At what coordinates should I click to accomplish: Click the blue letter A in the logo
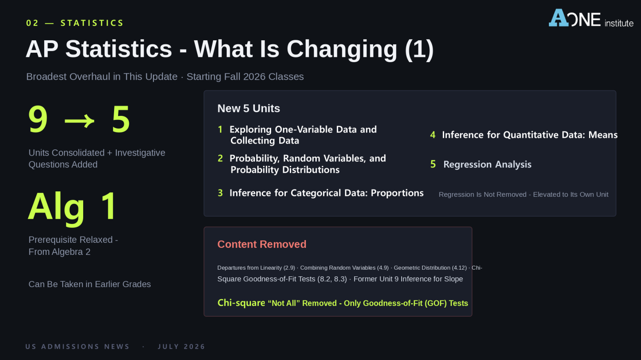pyautogui.click(x=559, y=18)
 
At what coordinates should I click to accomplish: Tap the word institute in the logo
pyautogui.click(x=619, y=23)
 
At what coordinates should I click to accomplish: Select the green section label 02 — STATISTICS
pyautogui.click(x=75, y=23)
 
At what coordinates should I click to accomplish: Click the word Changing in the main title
pyautogui.click(x=342, y=49)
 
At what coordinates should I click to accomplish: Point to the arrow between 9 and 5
pyautogui.click(x=80, y=120)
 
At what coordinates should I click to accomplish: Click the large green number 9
pyautogui.click(x=38, y=119)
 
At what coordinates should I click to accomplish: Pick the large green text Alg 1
pyautogui.click(x=72, y=207)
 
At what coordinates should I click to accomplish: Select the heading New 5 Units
pyautogui.click(x=249, y=109)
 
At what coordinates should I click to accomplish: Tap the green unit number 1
pyautogui.click(x=220, y=129)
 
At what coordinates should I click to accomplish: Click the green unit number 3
pyautogui.click(x=220, y=193)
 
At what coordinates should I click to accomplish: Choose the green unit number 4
pyautogui.click(x=433, y=135)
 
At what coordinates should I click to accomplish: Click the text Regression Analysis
pyautogui.click(x=487, y=164)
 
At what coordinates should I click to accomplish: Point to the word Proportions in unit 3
pyautogui.click(x=397, y=193)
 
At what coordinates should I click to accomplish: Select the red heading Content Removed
pyautogui.click(x=262, y=244)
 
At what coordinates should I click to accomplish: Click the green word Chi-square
pyautogui.click(x=241, y=303)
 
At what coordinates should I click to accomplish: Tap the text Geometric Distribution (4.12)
pyautogui.click(x=430, y=267)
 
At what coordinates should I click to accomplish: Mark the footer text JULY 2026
pyautogui.click(x=182, y=347)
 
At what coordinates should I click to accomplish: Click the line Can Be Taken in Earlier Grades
pyautogui.click(x=89, y=284)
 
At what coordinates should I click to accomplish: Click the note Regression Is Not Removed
pyautogui.click(x=483, y=195)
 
